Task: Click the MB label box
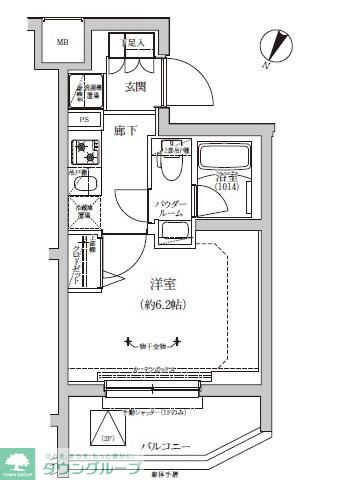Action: tap(62, 43)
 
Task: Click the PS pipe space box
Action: tap(85, 120)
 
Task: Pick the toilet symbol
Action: tap(175, 164)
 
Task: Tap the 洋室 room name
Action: tap(149, 285)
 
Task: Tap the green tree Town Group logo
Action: tap(19, 459)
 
